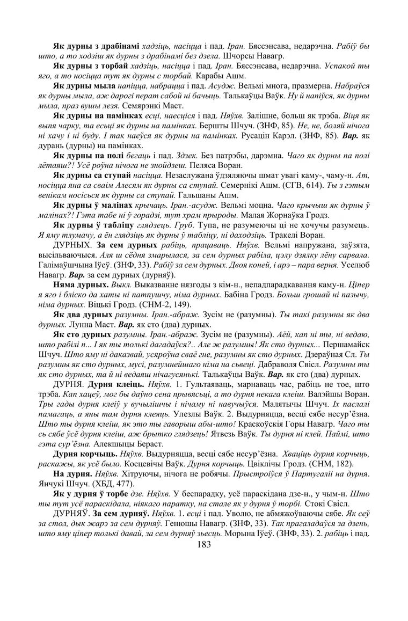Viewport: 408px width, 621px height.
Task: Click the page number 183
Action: click(x=204, y=544)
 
